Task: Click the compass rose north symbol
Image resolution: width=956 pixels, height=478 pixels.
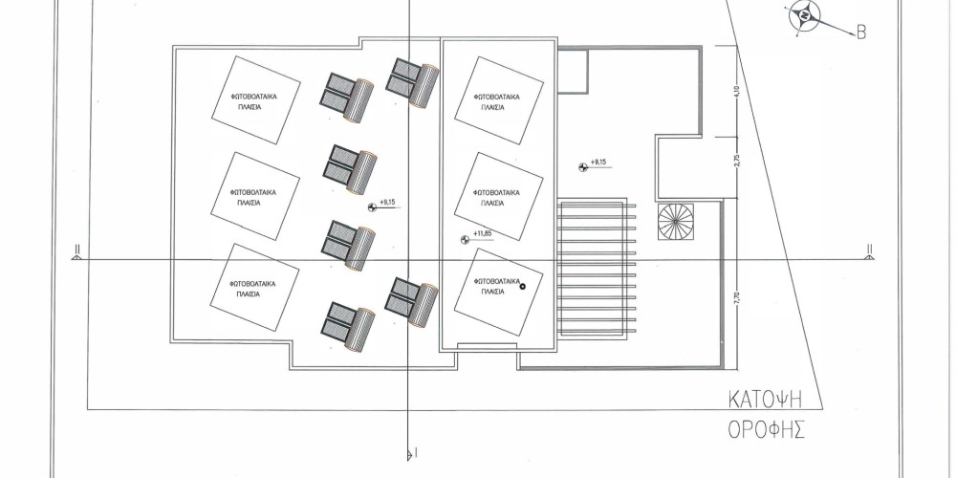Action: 804,16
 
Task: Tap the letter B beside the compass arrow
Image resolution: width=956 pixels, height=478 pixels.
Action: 861,33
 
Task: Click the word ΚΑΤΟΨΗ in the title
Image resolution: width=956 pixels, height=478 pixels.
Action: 766,400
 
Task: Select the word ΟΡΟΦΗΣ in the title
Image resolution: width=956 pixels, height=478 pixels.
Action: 767,429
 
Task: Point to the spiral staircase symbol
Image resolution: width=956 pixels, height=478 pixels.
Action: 676,222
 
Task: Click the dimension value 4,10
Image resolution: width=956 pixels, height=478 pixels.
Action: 737,92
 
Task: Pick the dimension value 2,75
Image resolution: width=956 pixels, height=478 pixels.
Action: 737,161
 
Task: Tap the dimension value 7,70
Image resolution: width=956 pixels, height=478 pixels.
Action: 737,298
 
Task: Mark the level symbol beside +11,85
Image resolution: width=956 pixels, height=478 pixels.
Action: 466,240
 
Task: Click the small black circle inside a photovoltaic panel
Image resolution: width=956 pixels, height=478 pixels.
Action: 523,285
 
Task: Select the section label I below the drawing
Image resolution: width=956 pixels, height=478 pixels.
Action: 416,452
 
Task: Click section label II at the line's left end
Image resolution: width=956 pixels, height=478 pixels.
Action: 77,249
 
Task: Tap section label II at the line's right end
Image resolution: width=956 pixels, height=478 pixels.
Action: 869,249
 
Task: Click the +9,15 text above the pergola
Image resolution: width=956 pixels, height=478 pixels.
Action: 598,163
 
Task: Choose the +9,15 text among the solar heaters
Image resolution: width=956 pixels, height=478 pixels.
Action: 388,202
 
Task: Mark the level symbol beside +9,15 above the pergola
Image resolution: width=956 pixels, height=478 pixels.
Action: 583,167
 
